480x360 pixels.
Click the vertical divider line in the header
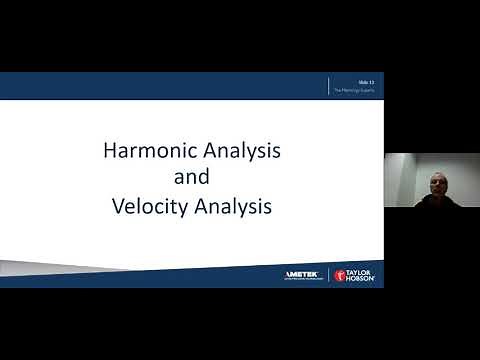(330, 86)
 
